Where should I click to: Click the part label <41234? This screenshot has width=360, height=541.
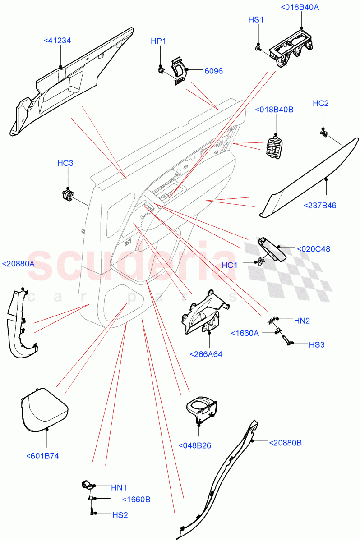click(x=57, y=41)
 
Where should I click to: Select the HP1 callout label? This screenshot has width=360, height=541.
click(x=158, y=41)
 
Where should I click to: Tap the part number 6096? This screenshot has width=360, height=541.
click(x=214, y=71)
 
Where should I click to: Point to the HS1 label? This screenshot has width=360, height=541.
click(x=256, y=19)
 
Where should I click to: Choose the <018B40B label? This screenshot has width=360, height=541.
click(x=274, y=110)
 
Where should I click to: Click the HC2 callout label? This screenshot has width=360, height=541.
click(x=320, y=103)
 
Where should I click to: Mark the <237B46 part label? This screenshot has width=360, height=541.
click(x=320, y=206)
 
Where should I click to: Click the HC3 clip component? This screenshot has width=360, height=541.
click(x=68, y=195)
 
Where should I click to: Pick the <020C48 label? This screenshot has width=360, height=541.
click(x=313, y=248)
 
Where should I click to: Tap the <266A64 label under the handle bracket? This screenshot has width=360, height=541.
click(x=207, y=354)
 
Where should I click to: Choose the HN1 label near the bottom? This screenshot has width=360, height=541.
click(x=119, y=487)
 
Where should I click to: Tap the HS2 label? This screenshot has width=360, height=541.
click(x=119, y=514)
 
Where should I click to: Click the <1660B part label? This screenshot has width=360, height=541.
click(x=136, y=500)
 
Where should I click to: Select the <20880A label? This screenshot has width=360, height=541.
click(x=18, y=264)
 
